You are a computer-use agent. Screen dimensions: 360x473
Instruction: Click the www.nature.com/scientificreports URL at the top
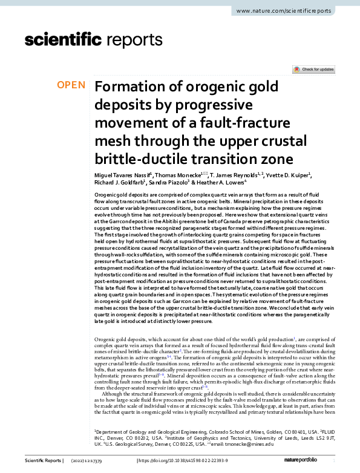292,11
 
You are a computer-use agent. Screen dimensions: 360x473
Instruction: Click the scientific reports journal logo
90,41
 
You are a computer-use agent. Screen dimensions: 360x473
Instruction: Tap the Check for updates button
313,70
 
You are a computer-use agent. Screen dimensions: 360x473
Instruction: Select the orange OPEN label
71,85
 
